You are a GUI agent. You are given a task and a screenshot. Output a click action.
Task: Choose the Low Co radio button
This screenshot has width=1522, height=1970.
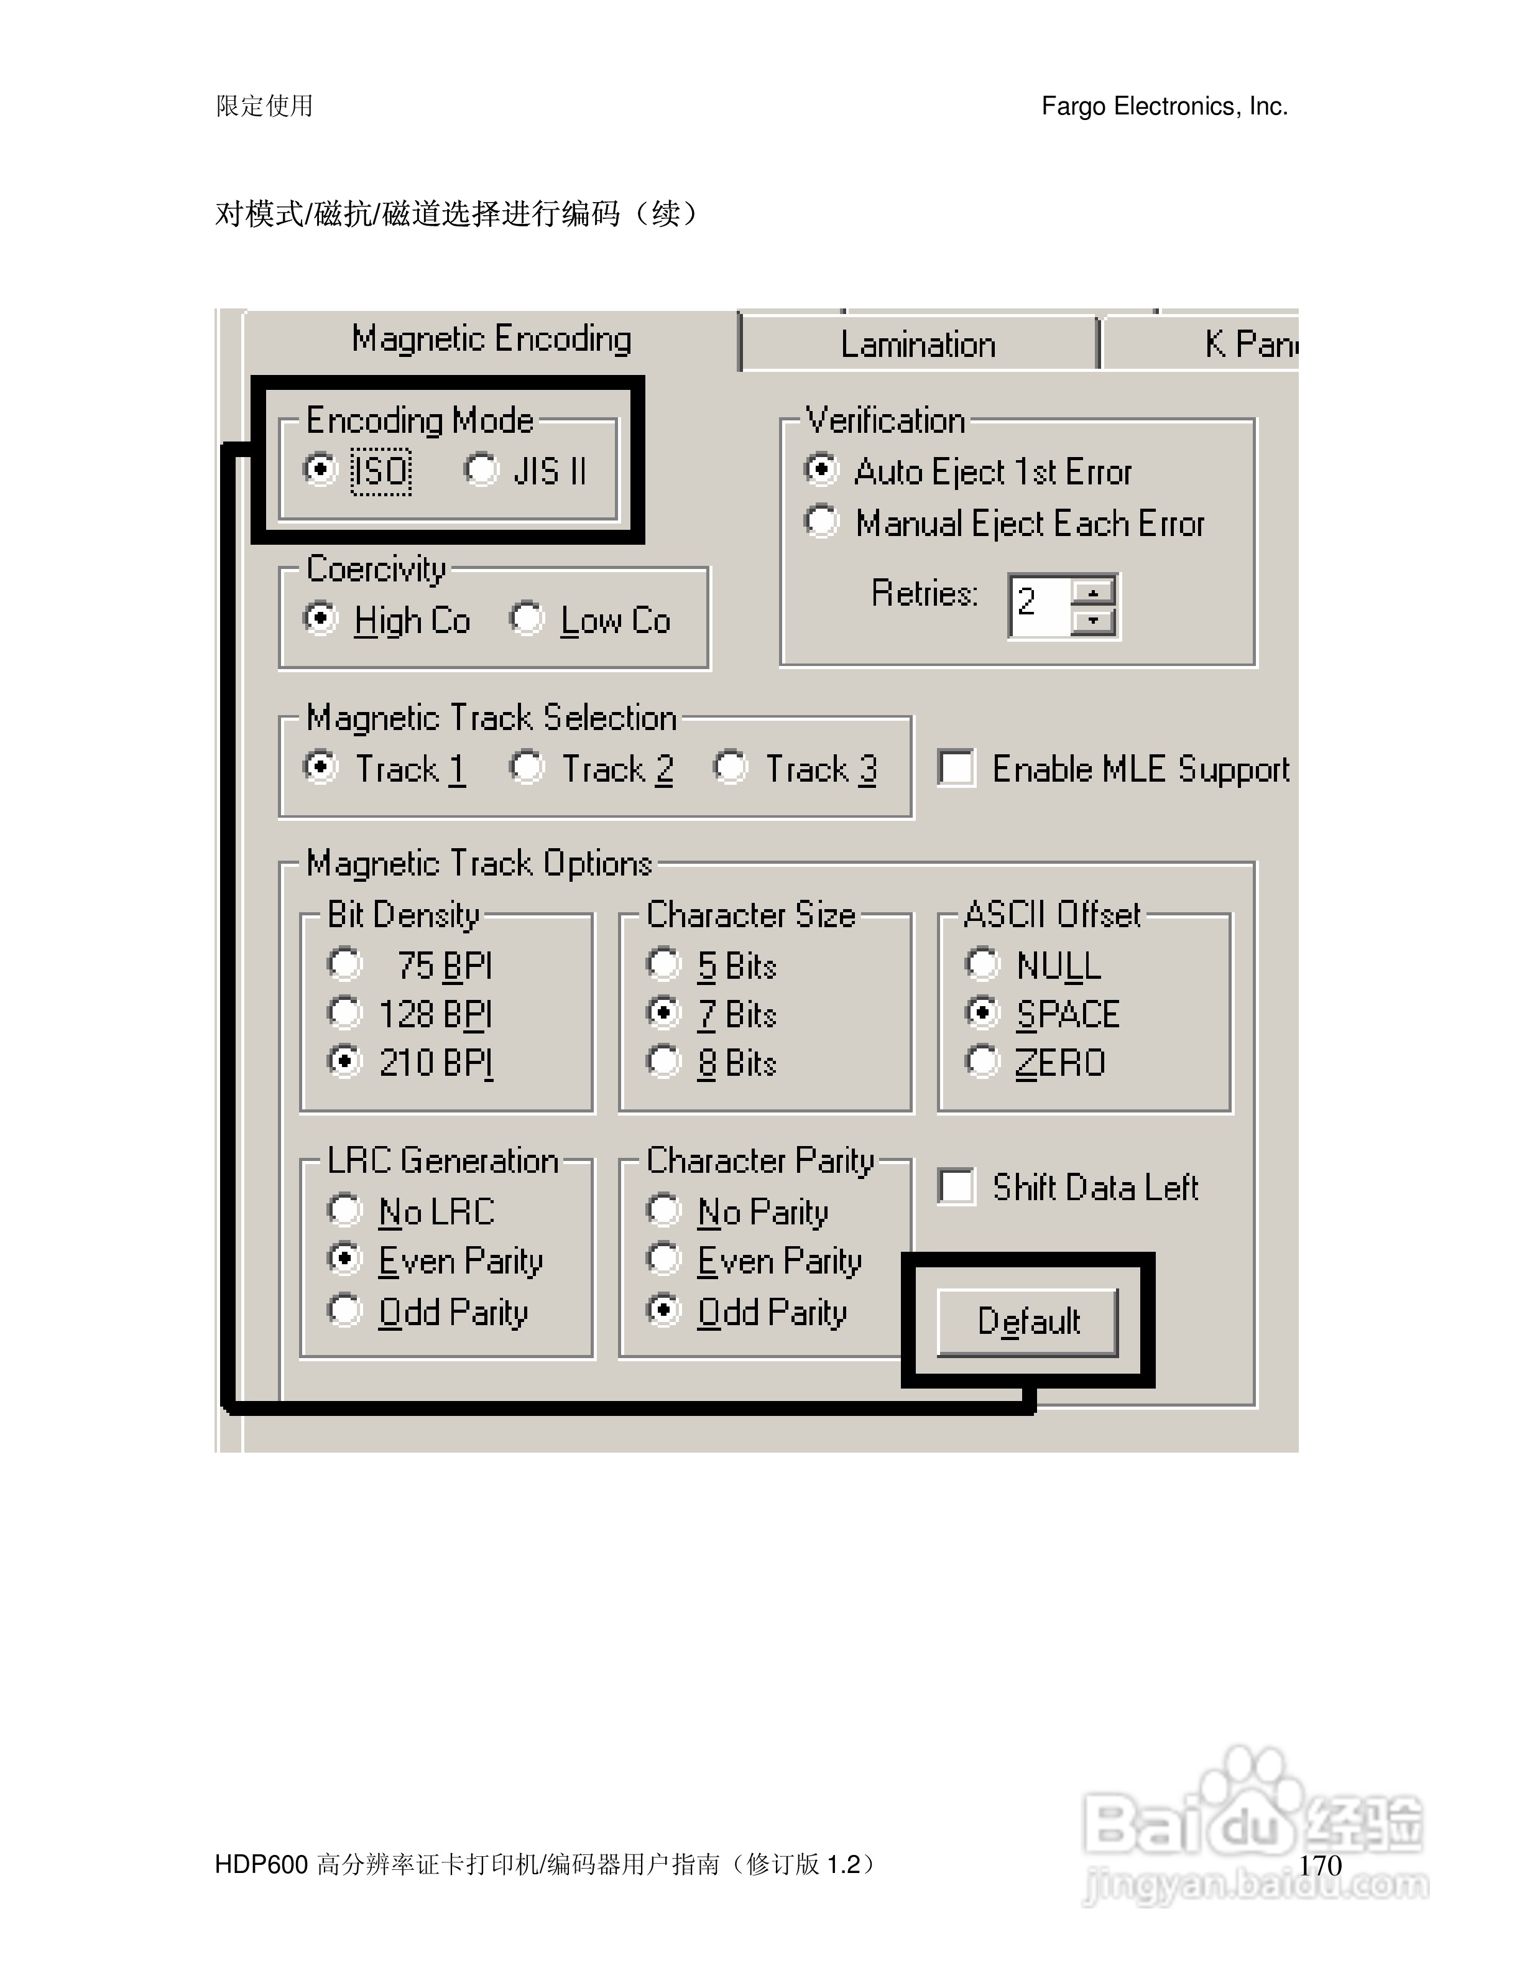pos(527,619)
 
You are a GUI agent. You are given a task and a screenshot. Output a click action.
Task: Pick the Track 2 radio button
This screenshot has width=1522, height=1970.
pos(527,767)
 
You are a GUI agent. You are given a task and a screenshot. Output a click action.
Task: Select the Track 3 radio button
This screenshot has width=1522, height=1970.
pos(731,767)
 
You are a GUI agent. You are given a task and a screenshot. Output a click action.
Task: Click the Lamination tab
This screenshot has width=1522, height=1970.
pos(918,345)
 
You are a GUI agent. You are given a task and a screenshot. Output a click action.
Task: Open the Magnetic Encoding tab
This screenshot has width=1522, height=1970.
pos(491,339)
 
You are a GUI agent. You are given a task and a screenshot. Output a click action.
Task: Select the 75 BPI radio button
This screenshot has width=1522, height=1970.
pos(344,964)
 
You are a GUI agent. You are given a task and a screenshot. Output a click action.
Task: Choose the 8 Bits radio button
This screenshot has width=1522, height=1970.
pos(663,1061)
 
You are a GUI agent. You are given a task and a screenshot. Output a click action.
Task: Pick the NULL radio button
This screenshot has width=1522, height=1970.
pos(982,964)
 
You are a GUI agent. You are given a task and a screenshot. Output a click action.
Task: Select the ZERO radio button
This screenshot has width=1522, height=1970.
pos(982,1061)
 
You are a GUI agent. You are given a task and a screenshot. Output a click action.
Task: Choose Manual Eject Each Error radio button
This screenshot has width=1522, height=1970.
pos(821,521)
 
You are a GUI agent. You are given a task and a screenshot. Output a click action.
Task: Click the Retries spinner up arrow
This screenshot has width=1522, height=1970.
pos(1094,592)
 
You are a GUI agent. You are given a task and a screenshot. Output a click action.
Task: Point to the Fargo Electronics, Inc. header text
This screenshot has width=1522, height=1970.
pos(1164,106)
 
